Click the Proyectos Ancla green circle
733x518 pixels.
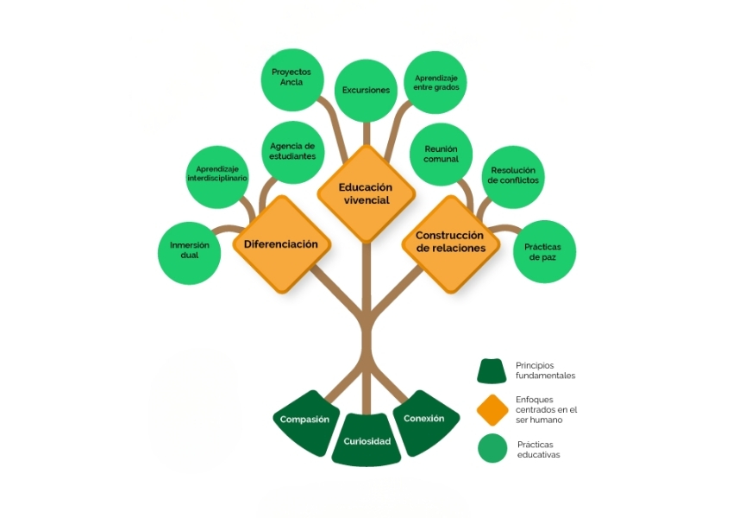tap(292, 79)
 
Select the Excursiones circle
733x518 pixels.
tap(366, 91)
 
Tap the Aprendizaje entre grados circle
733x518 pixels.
tap(435, 82)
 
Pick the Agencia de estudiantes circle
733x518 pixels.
tap(293, 152)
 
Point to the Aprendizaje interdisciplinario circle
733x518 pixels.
tap(217, 177)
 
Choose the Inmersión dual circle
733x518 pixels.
tap(190, 253)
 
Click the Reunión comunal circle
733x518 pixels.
tap(441, 154)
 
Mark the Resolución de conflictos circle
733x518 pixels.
tap(513, 177)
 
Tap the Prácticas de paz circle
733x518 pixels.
tap(545, 252)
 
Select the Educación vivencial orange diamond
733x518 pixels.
tap(366, 193)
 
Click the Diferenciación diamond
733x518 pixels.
tap(281, 244)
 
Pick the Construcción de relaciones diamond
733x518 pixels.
tap(451, 244)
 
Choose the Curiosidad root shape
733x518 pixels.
tap(366, 439)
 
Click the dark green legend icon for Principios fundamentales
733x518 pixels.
tap(492, 371)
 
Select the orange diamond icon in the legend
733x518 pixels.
tap(492, 410)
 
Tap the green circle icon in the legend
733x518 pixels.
tap(492, 448)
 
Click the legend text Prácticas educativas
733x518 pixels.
tap(538, 449)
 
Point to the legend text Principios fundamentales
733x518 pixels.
tap(545, 370)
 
